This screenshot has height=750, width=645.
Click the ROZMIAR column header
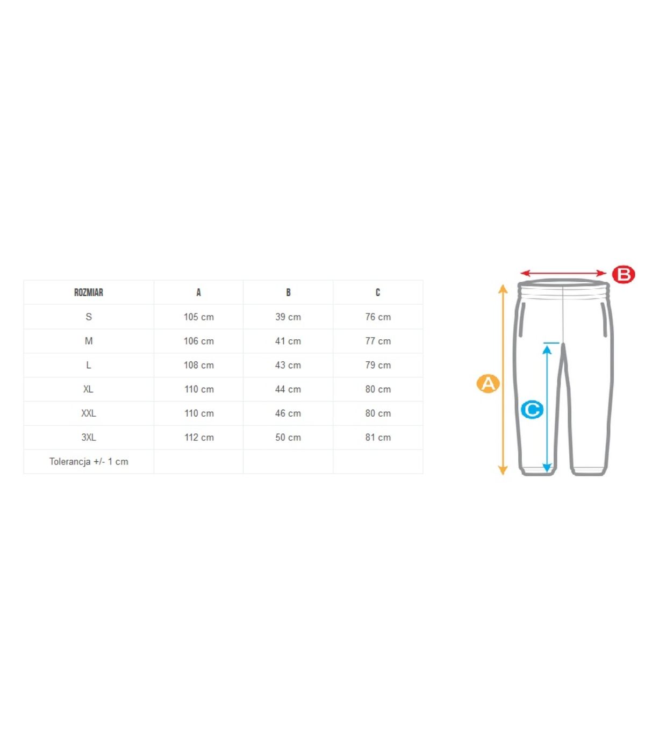pyautogui.click(x=89, y=292)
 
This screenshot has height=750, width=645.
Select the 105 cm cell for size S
pyautogui.click(x=199, y=317)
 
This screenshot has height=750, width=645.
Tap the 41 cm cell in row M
pyautogui.click(x=288, y=341)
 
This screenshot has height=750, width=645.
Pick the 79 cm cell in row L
pyautogui.click(x=378, y=365)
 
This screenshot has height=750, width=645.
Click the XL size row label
pyautogui.click(x=89, y=389)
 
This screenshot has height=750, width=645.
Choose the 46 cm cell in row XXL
pyautogui.click(x=288, y=413)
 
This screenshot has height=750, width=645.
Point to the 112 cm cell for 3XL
pyautogui.click(x=199, y=437)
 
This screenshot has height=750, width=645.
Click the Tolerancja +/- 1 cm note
pyautogui.click(x=89, y=461)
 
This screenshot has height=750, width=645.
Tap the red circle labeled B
pyautogui.click(x=623, y=275)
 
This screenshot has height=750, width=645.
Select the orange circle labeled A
pyautogui.click(x=488, y=383)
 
